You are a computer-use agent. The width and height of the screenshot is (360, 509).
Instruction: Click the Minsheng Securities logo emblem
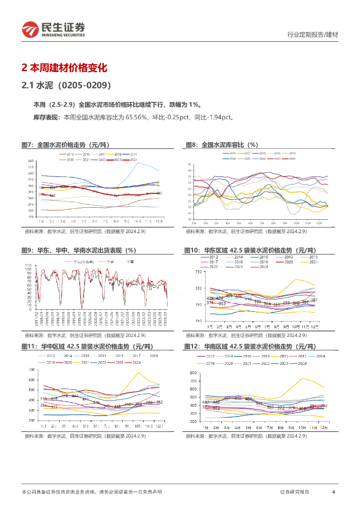30,30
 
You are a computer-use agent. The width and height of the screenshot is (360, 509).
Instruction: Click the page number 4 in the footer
333,492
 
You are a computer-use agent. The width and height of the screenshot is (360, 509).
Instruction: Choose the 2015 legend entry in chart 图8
232,153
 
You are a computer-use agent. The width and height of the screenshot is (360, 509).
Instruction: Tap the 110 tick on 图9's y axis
28,266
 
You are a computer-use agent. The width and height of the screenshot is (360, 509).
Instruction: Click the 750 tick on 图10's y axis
199,272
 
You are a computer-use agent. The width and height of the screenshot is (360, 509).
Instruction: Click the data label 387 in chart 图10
314,299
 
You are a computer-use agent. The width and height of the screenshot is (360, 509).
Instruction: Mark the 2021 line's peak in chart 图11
138,372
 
